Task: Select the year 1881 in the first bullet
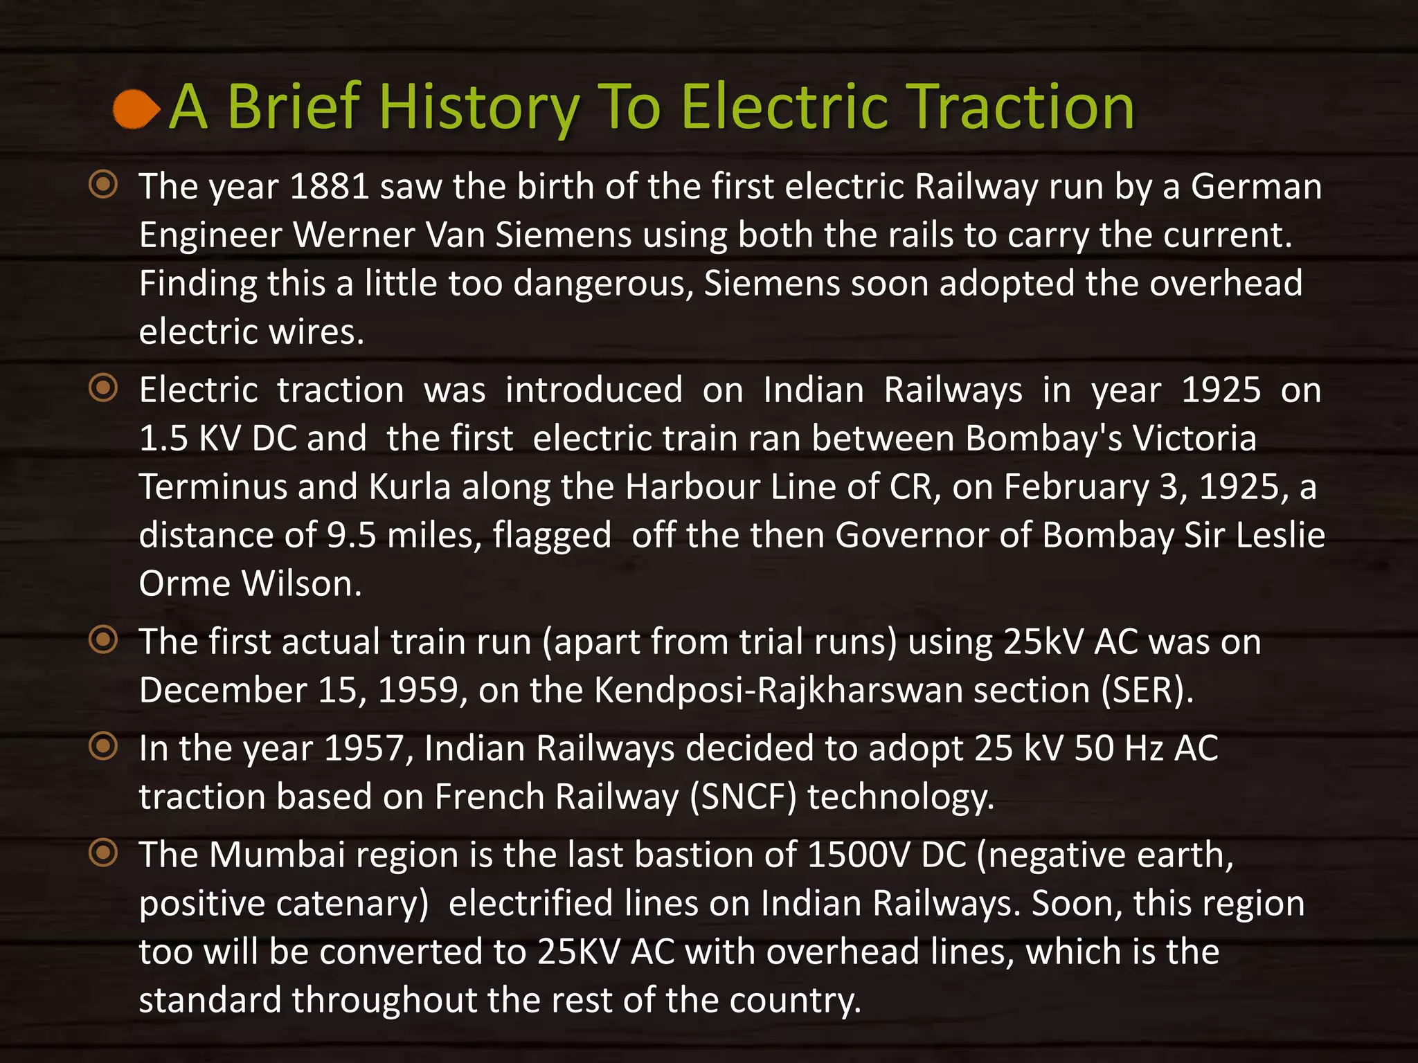click(x=329, y=187)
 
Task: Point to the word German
click(x=1256, y=187)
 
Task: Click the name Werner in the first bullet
click(x=353, y=235)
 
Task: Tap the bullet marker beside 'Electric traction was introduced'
click(x=104, y=388)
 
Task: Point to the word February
click(x=1076, y=487)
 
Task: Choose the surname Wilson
click(x=302, y=583)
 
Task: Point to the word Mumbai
click(x=277, y=855)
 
